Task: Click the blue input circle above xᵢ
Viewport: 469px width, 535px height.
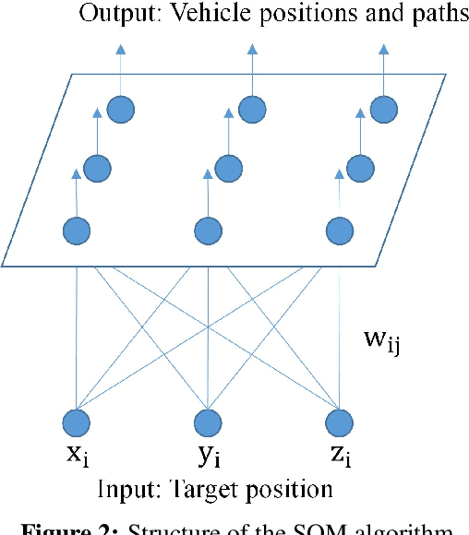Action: [78, 422]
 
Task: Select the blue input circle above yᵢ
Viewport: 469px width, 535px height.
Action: [210, 422]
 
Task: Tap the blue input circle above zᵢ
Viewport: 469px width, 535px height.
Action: [341, 422]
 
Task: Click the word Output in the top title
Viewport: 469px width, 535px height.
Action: [111, 15]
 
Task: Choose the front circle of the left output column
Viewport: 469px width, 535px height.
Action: [78, 230]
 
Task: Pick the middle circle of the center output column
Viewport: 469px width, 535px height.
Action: [228, 168]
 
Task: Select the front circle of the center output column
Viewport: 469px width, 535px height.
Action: [210, 230]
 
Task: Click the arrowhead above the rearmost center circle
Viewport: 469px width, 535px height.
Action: [252, 46]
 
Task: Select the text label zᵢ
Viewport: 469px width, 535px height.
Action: [341, 457]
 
